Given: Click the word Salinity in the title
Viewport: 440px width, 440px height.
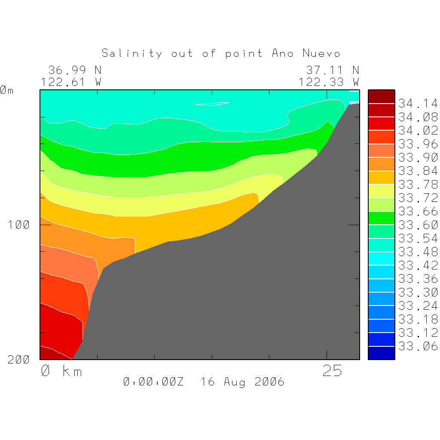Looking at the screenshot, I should click(x=132, y=53).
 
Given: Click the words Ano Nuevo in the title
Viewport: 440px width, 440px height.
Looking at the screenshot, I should click(x=306, y=53).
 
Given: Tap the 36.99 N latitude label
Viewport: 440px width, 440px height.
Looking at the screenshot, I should click(x=75, y=70).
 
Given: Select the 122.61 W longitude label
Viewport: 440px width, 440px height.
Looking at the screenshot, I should click(x=71, y=82).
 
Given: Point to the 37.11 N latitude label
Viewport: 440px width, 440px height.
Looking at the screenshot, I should click(x=332, y=70).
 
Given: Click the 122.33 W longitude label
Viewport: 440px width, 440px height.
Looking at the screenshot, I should click(x=329, y=82).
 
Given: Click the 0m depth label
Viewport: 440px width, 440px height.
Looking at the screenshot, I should click(x=7, y=90).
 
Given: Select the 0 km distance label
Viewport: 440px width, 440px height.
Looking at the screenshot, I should click(x=61, y=371).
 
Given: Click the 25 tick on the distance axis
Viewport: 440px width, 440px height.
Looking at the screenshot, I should click(x=332, y=371).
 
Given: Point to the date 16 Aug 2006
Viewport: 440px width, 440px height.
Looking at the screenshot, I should click(x=242, y=382).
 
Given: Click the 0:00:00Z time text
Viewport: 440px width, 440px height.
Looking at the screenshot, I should click(x=153, y=382).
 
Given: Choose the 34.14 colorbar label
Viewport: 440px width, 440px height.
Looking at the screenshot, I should click(x=418, y=104).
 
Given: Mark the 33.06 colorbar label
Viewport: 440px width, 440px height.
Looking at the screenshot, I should click(x=418, y=346).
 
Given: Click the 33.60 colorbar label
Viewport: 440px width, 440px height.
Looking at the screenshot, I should click(x=418, y=225).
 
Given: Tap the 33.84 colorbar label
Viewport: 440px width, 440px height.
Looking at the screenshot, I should click(x=418, y=171).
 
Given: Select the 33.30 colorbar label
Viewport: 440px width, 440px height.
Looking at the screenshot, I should click(x=418, y=292).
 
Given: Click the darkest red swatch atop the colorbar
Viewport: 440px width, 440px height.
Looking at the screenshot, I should click(x=381, y=97).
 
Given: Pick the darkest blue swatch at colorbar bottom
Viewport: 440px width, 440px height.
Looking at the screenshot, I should click(x=381, y=353).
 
